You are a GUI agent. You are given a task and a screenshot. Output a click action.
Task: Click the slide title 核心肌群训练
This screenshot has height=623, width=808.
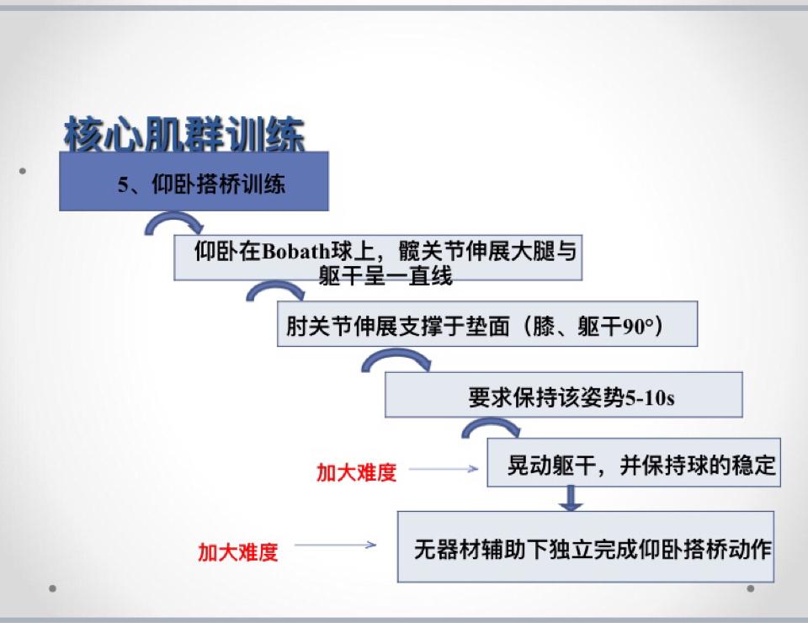pos(184,134)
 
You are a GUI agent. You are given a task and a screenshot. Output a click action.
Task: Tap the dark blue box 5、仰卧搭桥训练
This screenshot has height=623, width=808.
pos(194,181)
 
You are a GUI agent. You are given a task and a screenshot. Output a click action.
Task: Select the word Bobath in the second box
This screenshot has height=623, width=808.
pos(295,252)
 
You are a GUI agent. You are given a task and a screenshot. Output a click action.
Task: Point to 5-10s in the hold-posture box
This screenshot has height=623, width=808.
pos(649,398)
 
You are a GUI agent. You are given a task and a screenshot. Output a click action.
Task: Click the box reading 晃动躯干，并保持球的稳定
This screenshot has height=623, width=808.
pos(634,463)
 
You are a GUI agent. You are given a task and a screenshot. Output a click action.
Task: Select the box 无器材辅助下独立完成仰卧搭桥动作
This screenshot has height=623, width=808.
pos(586,546)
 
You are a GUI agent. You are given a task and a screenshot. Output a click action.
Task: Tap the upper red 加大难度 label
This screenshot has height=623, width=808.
pos(356,472)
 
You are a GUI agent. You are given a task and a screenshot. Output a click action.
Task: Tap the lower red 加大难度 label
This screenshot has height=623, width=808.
pos(238,552)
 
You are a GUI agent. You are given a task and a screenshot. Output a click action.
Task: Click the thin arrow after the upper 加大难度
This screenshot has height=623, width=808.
pos(444,468)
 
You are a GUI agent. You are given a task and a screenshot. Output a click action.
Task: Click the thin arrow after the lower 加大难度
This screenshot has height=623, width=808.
pos(335,545)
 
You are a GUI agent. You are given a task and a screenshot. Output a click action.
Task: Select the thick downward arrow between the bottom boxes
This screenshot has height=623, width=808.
pos(571,498)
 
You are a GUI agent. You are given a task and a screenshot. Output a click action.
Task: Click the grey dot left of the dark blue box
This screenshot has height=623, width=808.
pos(22,171)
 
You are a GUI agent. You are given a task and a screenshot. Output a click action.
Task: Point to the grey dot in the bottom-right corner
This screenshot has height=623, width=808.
pos(750,588)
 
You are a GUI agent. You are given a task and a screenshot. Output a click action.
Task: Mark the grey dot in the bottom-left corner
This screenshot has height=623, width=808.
pos(52,588)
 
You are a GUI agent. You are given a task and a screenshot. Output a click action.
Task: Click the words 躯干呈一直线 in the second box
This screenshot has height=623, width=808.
pos(385,275)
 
